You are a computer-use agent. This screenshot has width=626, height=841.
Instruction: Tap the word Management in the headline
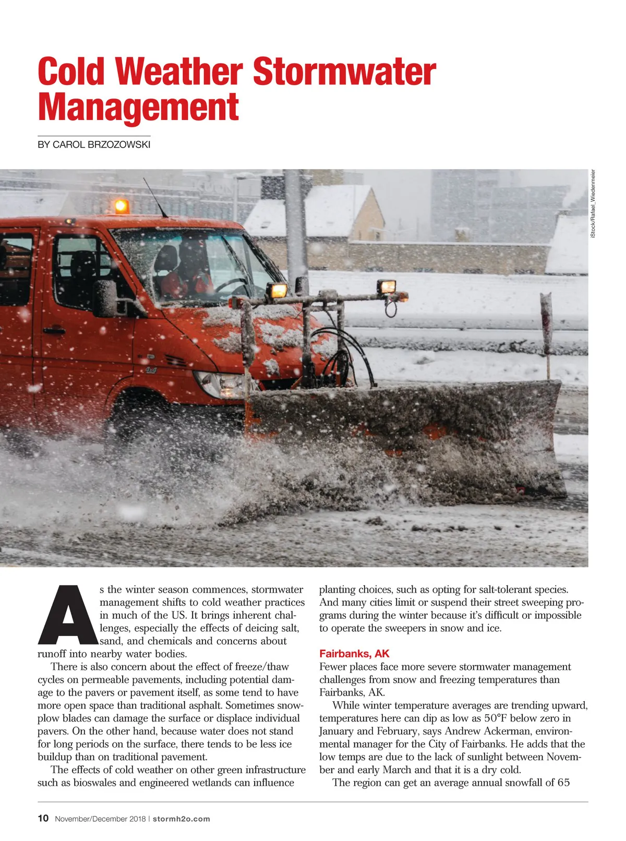click(138, 107)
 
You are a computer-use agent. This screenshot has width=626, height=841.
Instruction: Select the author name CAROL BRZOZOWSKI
click(101, 145)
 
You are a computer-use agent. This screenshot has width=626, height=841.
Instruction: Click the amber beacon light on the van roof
click(121, 206)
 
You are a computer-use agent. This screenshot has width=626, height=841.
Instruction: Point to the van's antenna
click(155, 197)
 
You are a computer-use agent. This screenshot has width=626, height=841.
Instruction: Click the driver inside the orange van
click(188, 271)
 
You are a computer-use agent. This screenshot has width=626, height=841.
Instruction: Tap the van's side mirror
click(106, 298)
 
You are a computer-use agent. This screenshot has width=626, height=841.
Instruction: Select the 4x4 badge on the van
click(151, 370)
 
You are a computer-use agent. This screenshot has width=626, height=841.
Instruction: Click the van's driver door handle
click(54, 330)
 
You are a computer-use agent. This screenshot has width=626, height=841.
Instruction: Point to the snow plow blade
click(407, 438)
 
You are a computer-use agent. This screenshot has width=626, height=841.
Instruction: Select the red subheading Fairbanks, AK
click(354, 654)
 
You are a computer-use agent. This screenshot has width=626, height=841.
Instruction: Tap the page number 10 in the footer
click(43, 818)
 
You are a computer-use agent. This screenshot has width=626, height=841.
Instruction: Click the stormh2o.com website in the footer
click(181, 819)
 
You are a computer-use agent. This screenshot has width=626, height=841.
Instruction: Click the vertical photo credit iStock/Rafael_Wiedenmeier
click(593, 205)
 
